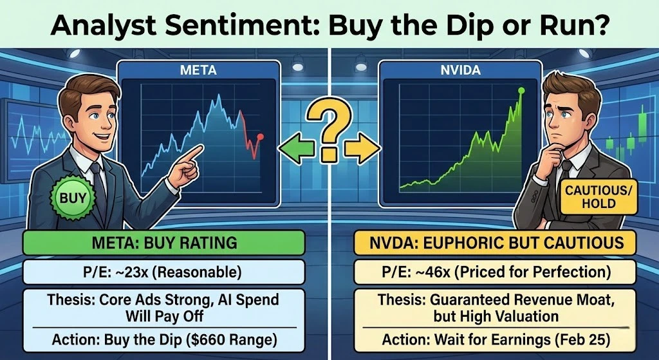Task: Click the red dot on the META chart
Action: (261, 137)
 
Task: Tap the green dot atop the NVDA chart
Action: (521, 91)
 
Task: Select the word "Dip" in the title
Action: (442, 26)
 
